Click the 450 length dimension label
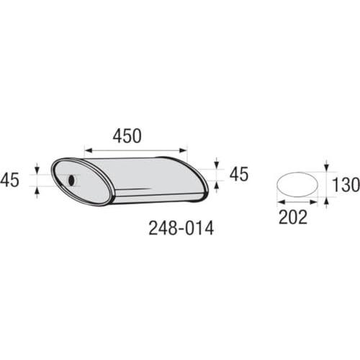tap(127, 136)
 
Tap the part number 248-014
tap(181, 228)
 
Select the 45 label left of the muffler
tap(9, 180)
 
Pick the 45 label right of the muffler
tap(239, 174)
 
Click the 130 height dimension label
tap(346, 184)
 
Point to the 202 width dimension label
tap(293, 217)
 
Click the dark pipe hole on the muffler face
tap(71, 180)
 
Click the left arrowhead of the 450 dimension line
tap(89, 150)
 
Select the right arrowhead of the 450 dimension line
tap(183, 150)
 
